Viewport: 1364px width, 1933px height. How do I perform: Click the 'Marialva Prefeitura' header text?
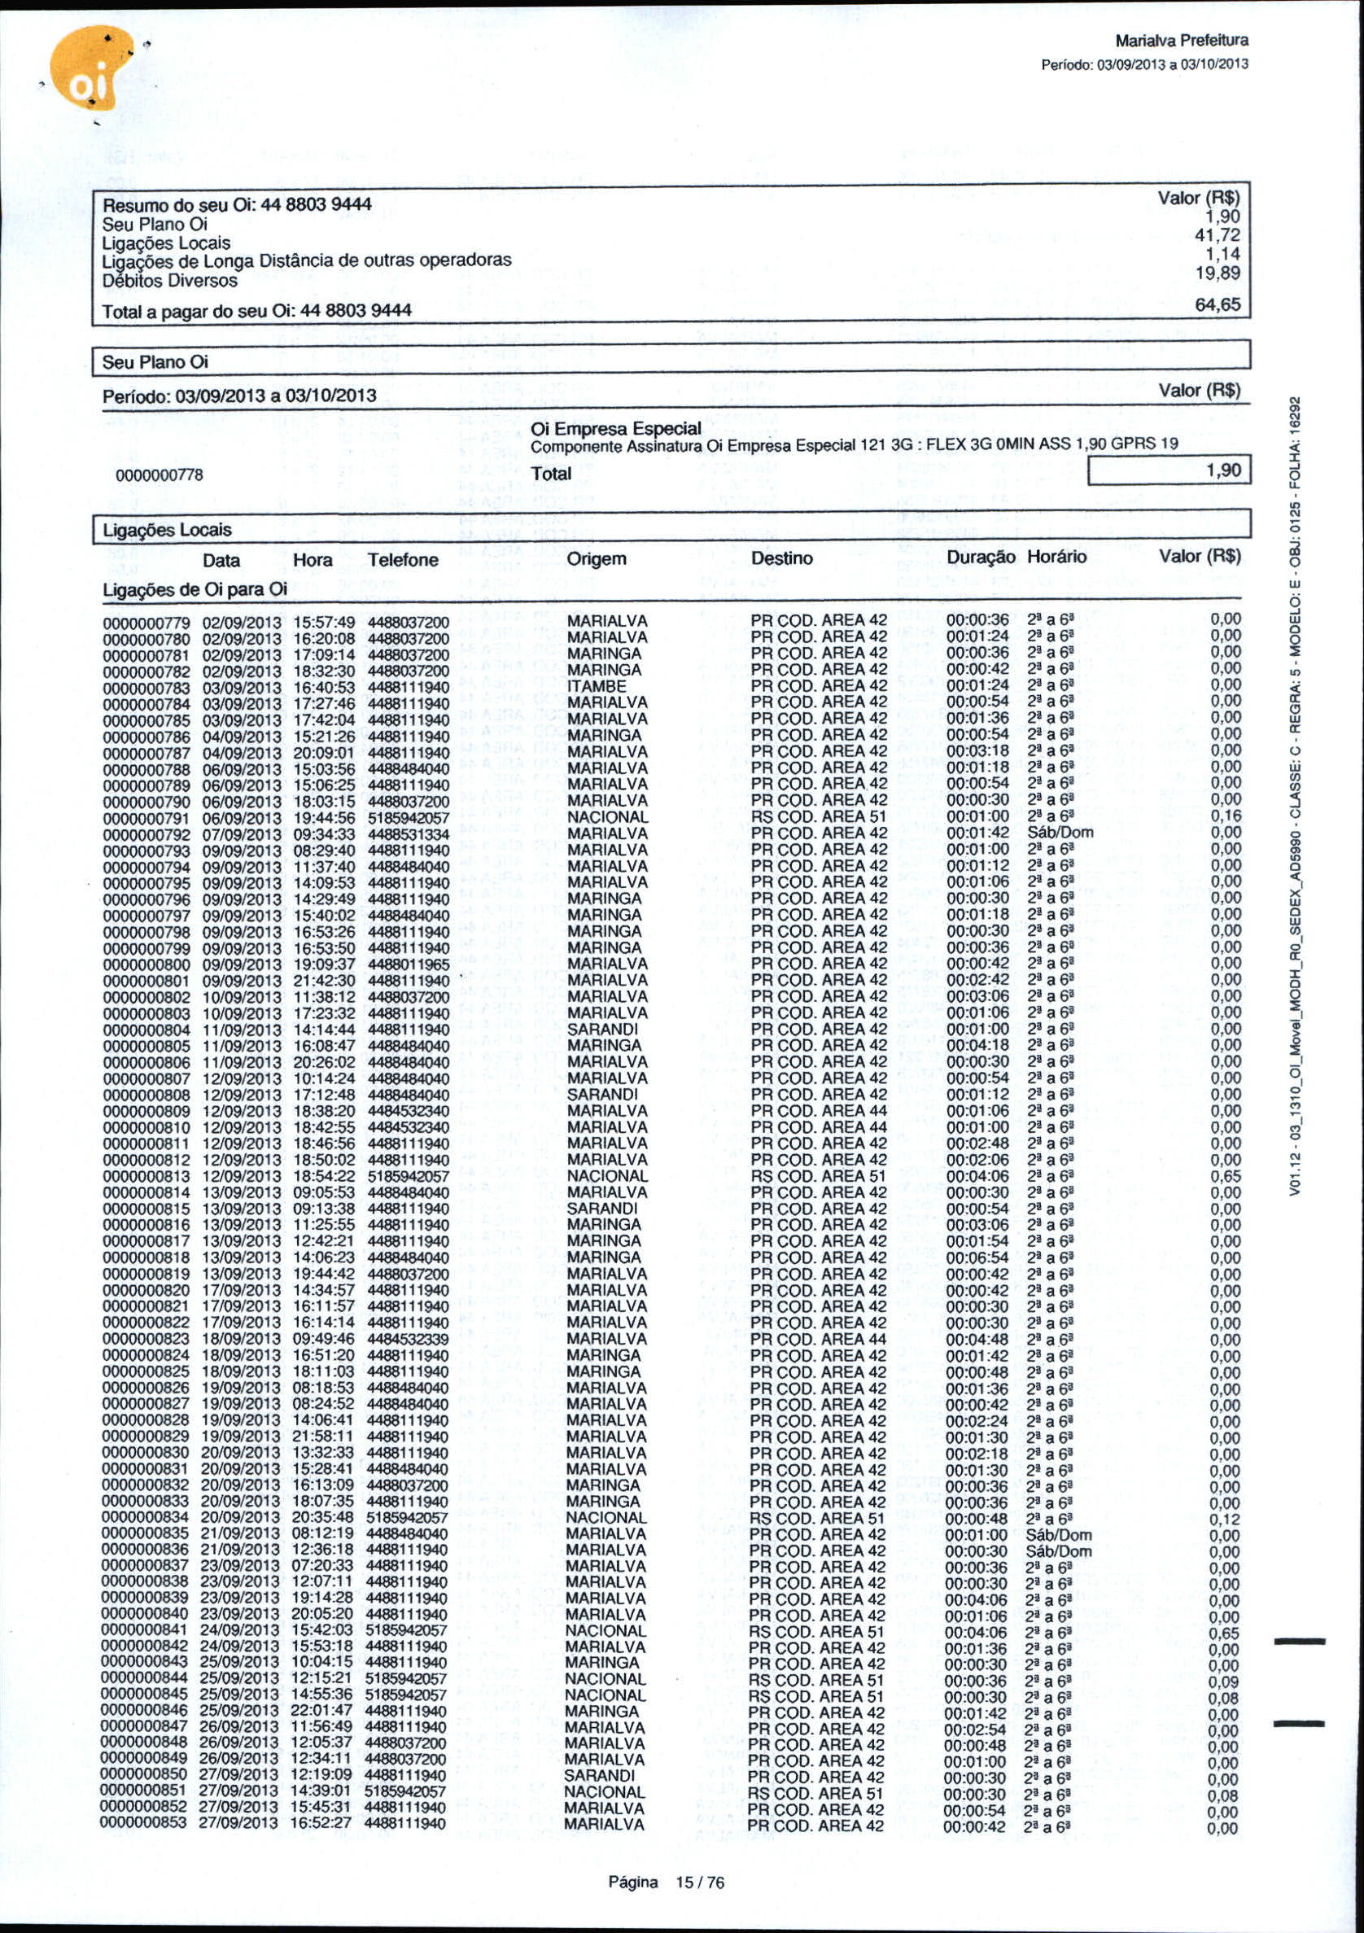1180,41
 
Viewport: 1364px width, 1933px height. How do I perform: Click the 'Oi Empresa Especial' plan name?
615,429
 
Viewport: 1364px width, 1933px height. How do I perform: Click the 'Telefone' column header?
403,560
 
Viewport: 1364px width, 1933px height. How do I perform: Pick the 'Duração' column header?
980,558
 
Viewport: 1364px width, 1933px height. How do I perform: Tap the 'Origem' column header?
596,559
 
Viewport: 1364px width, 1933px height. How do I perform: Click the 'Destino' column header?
781,558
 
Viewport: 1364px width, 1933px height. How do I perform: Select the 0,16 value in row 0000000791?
1225,816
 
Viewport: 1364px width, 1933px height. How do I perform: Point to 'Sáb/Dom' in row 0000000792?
1060,833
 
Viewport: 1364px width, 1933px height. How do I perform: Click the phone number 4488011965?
409,964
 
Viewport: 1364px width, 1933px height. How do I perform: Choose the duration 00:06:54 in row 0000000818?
977,1257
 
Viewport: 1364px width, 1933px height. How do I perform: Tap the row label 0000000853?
143,1825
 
